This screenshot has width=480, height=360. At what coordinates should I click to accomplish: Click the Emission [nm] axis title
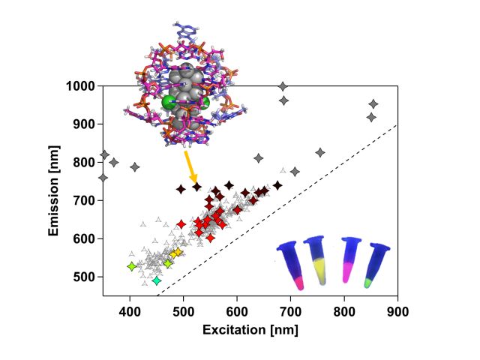pos(55,191)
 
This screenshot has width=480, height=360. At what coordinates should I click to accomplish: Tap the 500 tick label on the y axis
pos(85,277)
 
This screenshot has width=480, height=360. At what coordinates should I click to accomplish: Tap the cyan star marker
pos(156,280)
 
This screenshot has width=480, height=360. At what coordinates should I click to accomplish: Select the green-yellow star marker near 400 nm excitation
pos(132,266)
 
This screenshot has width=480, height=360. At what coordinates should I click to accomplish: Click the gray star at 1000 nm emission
pos(283,86)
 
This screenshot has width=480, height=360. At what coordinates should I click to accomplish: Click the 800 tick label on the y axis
pos(85,163)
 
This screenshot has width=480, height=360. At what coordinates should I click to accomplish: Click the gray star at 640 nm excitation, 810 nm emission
pos(259,158)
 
